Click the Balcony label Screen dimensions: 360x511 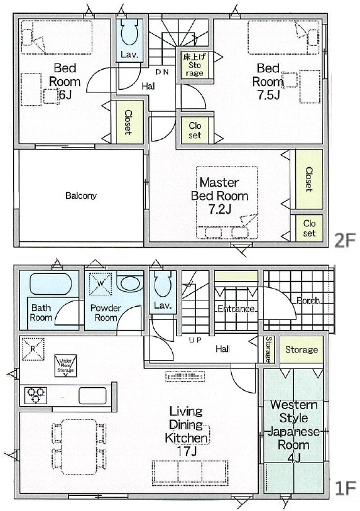81,195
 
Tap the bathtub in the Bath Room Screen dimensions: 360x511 50,283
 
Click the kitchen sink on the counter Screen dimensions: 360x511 93,395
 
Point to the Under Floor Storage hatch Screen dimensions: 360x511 66,366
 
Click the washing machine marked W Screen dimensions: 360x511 101,283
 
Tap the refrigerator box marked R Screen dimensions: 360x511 33,349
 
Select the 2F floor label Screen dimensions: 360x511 345,241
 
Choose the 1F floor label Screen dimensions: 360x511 345,488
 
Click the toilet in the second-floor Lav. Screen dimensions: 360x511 130,32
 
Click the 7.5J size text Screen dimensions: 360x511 268,95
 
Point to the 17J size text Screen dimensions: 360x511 187,451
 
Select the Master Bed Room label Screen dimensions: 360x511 220,189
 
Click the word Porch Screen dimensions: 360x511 308,300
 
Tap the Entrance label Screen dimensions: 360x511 236,309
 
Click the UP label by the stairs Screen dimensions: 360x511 195,340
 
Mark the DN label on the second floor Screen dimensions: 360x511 162,72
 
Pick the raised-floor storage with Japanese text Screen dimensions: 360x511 195,65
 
